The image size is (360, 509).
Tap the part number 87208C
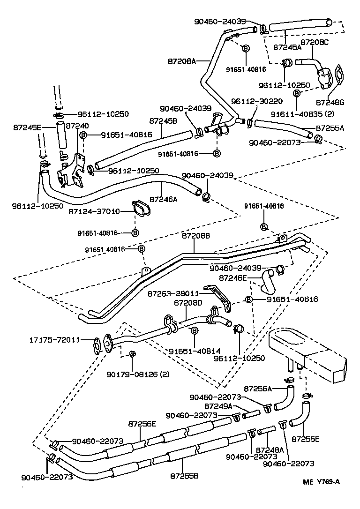[x=315, y=42]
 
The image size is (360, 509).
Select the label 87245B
[x=163, y=120]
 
